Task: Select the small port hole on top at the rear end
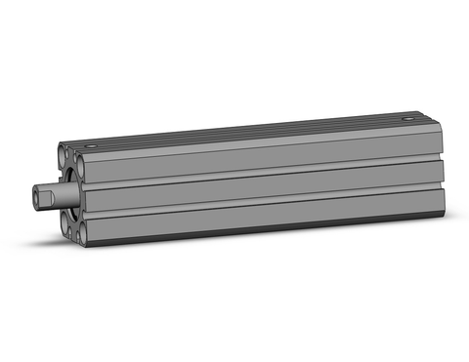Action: (407, 120)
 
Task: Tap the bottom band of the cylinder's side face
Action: (264, 220)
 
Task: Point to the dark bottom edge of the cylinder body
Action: (264, 234)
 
